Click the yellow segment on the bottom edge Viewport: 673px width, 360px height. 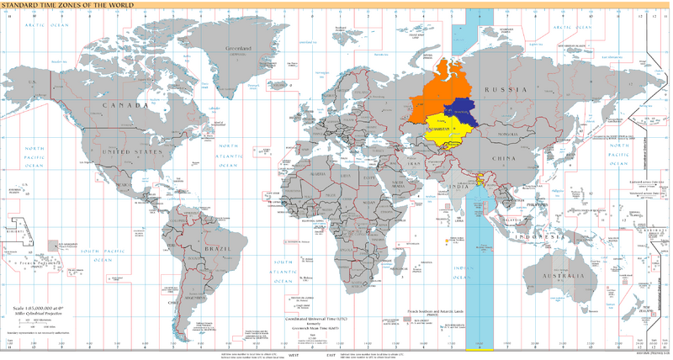point(480,347)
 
